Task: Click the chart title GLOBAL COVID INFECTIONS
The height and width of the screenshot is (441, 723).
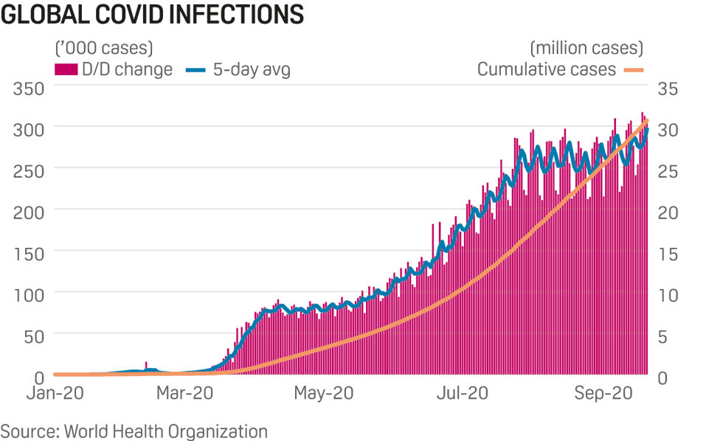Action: click(152, 15)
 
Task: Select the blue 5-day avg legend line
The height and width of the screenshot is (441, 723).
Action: click(196, 69)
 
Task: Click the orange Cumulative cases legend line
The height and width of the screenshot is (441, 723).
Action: click(634, 69)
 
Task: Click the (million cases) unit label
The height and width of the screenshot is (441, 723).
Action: click(587, 49)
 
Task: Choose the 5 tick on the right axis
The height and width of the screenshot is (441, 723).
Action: click(663, 336)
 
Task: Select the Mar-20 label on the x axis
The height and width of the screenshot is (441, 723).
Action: click(186, 394)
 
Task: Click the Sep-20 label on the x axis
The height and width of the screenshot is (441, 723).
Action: click(603, 394)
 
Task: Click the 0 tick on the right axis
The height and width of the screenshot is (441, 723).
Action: click(663, 377)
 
